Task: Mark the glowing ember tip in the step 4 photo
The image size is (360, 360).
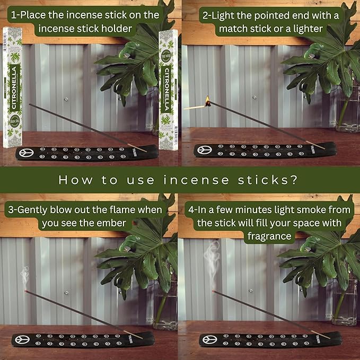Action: [214, 292]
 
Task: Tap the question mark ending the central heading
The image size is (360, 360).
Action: [301, 180]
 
